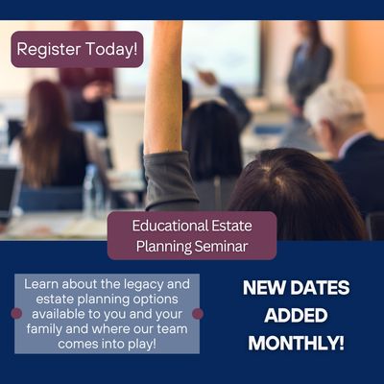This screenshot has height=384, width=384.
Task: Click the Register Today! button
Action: tap(77, 48)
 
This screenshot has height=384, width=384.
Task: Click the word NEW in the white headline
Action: tap(263, 287)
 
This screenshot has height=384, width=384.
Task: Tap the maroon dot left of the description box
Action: tap(15, 313)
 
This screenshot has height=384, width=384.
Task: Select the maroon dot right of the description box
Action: tap(198, 313)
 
